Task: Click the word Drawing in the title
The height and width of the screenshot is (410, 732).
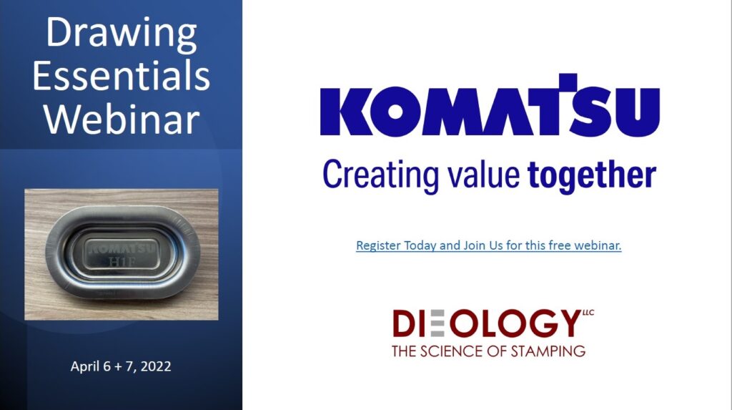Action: [122, 34]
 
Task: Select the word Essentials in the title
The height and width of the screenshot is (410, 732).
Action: [122, 76]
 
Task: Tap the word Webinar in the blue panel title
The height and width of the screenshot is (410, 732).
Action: [122, 119]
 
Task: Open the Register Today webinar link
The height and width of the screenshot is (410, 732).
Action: [489, 245]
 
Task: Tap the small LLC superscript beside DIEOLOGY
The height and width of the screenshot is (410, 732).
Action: [588, 313]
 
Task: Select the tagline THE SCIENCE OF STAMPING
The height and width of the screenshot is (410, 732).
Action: [488, 351]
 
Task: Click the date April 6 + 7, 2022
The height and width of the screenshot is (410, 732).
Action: [121, 366]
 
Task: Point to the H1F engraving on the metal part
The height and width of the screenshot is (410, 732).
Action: [122, 261]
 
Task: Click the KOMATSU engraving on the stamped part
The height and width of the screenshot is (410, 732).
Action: [122, 248]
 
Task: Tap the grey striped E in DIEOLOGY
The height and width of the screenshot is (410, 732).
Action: [437, 323]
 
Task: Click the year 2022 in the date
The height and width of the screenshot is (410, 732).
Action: [156, 366]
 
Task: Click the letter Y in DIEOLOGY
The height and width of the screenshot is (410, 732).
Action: [569, 323]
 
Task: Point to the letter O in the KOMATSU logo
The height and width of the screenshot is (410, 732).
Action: [395, 112]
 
